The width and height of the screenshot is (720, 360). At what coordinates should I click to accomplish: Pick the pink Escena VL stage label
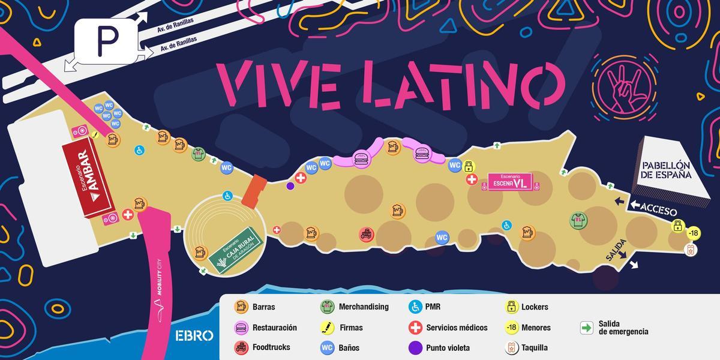[x=509, y=181]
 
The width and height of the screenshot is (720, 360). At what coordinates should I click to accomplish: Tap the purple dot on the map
[x=290, y=186]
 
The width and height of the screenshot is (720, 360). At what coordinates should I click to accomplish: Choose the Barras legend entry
[x=255, y=307]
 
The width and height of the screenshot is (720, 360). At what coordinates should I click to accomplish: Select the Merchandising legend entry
[x=354, y=307]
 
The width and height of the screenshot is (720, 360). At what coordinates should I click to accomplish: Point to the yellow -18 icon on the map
[x=693, y=233]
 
